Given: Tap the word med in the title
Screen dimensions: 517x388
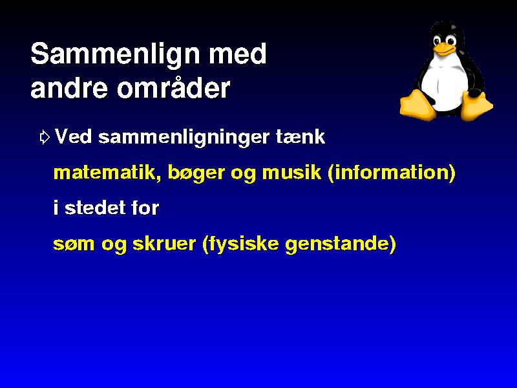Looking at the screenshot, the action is [238, 54].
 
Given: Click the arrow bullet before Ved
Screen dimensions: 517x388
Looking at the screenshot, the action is [45, 137].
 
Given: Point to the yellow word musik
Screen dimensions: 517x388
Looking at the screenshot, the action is [291, 172].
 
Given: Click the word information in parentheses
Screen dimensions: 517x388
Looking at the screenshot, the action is [392, 172].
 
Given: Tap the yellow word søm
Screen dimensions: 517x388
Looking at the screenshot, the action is [74, 244].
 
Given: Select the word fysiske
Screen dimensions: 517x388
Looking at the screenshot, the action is [244, 244].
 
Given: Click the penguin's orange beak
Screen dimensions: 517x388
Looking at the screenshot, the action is [444, 48].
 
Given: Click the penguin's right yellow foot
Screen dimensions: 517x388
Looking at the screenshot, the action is [476, 105].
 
